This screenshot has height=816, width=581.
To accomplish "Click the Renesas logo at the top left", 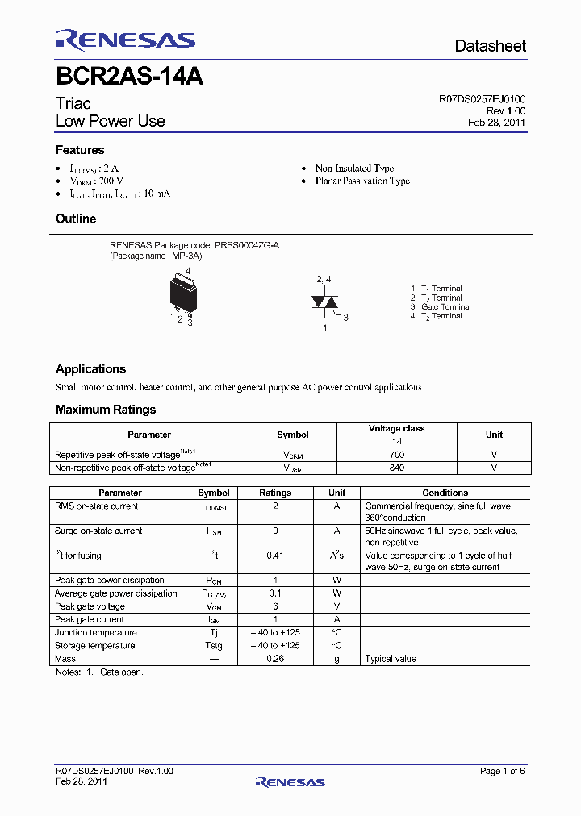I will pos(125,40).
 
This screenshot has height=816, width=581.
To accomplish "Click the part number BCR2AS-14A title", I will pos(129,77).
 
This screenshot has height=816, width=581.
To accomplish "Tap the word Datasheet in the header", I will pos(490,46).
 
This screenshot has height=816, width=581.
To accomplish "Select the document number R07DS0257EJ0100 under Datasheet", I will pos(482,99).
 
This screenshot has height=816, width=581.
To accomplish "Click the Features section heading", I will pos(80,150).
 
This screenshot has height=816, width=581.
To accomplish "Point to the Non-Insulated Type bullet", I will pos(354,169).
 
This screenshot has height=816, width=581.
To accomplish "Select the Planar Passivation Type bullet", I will pos(362,181).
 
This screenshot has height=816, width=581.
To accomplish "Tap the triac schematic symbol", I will pos(323,302).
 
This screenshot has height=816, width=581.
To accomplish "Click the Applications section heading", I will pos(90,369).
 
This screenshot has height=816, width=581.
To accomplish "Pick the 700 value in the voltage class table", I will pos(396,456).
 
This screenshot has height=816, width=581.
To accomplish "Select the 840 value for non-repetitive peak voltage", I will pos(396,468).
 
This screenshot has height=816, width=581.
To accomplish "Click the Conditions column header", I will pos(445,493).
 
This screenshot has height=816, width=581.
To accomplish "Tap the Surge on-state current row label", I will pos(98,531).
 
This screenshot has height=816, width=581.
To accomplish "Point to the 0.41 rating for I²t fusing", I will pos(275,556).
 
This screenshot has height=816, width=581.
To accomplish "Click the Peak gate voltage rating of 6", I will pos(275,606).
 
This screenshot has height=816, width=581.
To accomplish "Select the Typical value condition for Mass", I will pos(391,659).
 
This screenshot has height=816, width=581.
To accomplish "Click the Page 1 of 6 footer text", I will pos(503,771).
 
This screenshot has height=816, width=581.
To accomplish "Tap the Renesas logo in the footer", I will pos(290,781).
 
